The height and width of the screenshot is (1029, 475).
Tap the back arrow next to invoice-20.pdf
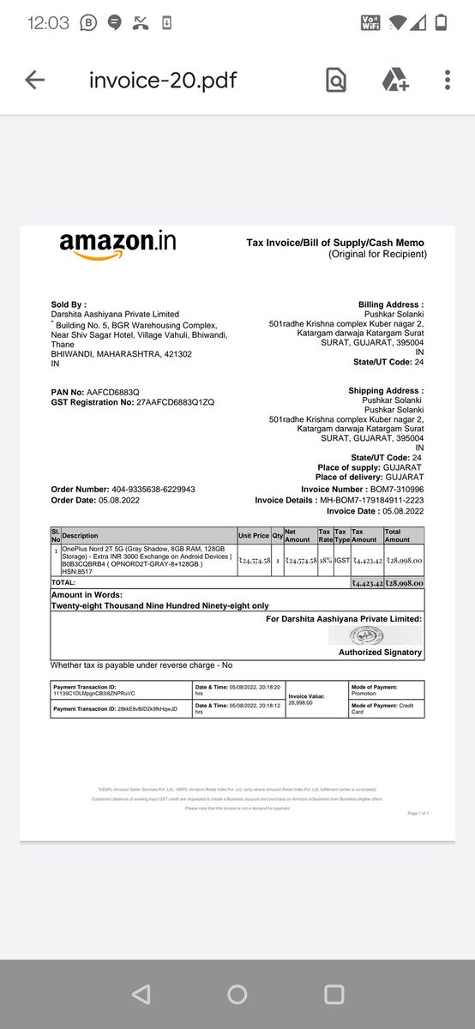pyautogui.click(x=34, y=81)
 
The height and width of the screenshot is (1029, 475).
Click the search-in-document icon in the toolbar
pyautogui.click(x=336, y=81)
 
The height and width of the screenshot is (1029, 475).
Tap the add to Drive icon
pyautogui.click(x=394, y=81)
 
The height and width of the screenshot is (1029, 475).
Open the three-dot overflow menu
pyautogui.click(x=448, y=81)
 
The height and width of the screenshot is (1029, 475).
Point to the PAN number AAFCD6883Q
pyautogui.click(x=112, y=392)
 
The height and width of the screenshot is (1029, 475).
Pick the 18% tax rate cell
pyautogui.click(x=325, y=559)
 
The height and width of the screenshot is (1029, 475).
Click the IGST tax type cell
pyautogui.click(x=340, y=559)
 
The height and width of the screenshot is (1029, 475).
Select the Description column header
pyautogui.click(x=81, y=535)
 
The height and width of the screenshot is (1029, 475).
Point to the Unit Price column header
pyautogui.click(x=254, y=535)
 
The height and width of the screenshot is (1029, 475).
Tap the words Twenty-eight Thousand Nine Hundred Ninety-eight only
pyautogui.click(x=159, y=605)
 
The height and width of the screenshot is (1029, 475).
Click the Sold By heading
pyautogui.click(x=69, y=304)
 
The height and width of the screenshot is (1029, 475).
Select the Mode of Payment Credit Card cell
pyautogui.click(x=385, y=708)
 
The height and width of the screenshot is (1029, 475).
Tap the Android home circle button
pyautogui.click(x=237, y=994)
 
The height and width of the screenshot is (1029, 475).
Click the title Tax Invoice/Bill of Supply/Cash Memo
pyautogui.click(x=335, y=243)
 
